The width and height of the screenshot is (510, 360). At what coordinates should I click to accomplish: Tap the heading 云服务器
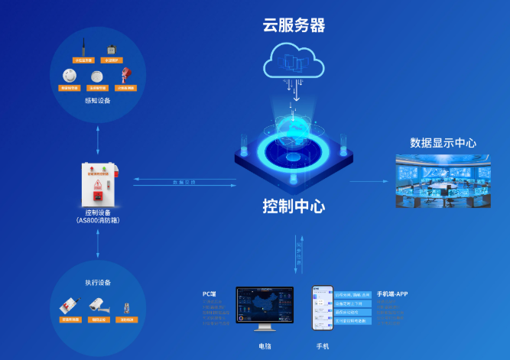tap(294, 25)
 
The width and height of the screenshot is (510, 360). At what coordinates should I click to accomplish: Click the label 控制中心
tap(294, 206)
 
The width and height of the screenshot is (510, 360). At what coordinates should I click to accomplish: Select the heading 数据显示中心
tap(443, 143)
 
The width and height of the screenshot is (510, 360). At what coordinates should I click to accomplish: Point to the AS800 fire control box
tap(99, 181)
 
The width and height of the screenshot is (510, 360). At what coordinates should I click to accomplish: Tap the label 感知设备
tap(97, 100)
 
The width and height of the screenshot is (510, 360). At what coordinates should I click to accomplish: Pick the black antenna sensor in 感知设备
tap(82, 50)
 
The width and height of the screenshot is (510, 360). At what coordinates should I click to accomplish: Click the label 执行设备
tap(98, 282)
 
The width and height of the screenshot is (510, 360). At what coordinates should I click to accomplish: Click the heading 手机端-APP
tap(393, 294)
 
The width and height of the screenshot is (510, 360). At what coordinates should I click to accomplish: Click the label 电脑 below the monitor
tap(265, 345)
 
